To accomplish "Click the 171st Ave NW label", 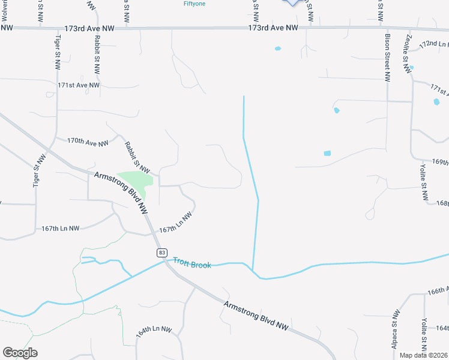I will click(79, 85).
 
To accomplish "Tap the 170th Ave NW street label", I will click(88, 142).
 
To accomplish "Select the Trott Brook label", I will click(192, 263).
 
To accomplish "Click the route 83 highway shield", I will click(161, 253).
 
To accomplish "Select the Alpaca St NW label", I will click(395, 329).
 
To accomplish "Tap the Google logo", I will click(20, 353).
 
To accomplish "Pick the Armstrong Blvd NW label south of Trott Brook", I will click(256, 315).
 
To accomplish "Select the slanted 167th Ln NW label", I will click(175, 223).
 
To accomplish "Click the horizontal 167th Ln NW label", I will click(60, 229).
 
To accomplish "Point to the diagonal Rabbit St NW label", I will click(137, 155).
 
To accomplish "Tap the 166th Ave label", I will click(438, 290).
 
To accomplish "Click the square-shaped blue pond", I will click(327, 153).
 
